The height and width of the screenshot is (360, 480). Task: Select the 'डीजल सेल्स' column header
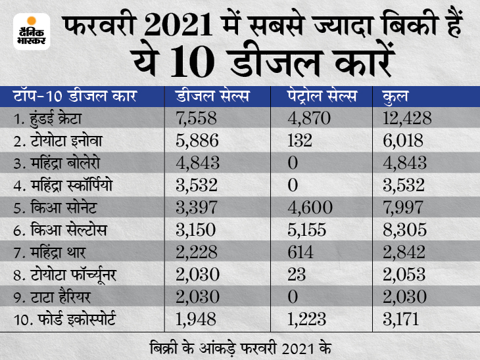point(212,97)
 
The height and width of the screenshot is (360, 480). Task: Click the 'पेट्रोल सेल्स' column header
point(322,97)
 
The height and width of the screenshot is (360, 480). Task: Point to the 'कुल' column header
point(395,97)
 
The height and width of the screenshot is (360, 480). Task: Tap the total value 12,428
point(406,119)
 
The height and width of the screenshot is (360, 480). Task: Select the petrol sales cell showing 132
point(297,141)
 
